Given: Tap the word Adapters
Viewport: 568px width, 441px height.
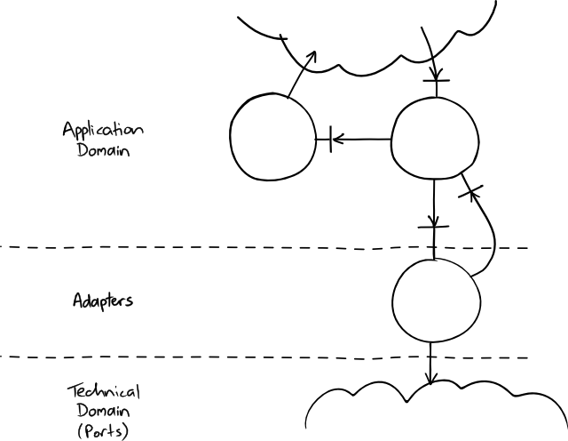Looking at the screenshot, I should [103, 301].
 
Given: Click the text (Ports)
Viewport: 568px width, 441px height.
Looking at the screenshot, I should [104, 432].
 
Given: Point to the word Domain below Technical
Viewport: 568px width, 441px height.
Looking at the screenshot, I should [104, 413].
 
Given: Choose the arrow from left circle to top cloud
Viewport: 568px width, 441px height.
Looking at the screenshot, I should [300, 73].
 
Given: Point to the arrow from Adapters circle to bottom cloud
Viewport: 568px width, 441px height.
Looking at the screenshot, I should [430, 363].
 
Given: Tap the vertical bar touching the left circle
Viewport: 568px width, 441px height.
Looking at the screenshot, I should [330, 139].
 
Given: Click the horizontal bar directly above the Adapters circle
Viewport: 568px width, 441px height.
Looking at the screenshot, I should [432, 229].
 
